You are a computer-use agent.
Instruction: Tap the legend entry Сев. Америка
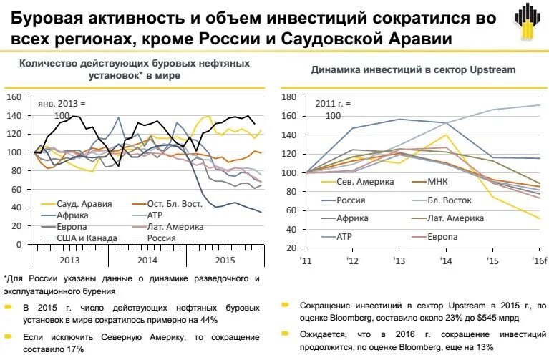(x=364, y=183)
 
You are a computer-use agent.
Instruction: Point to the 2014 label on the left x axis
(x=147, y=261)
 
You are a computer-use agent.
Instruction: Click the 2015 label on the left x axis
(x=225, y=261)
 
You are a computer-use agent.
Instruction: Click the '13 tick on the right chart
(x=399, y=259)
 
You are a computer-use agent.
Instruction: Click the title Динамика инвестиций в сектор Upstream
(x=413, y=69)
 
